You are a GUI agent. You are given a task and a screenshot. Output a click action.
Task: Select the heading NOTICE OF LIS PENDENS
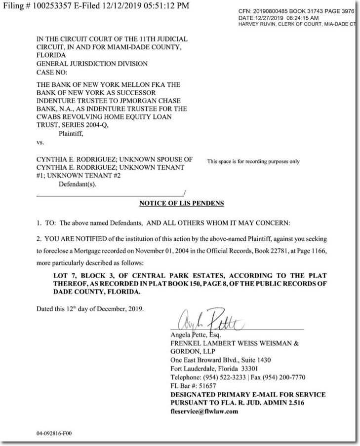tap(181, 203)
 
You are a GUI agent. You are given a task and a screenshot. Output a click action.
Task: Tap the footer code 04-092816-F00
tap(54, 433)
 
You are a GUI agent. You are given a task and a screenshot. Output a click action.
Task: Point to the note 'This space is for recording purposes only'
tap(253, 161)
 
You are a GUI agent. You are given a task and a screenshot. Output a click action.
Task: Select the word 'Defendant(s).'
tap(78, 184)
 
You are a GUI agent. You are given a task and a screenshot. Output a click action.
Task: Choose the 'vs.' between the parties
tap(40, 142)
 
